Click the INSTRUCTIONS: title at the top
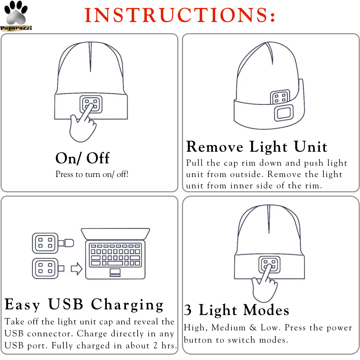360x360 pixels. pyautogui.click(x=180, y=15)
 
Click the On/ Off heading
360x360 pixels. pyautogui.click(x=82, y=158)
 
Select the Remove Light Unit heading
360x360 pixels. pyautogui.click(x=257, y=147)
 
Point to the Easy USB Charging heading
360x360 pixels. pyautogui.click(x=84, y=304)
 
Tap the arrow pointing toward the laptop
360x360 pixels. pyautogui.click(x=77, y=269)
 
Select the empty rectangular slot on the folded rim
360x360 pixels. pyautogui.click(x=284, y=112)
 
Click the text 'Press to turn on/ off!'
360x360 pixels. pyautogui.click(x=92, y=174)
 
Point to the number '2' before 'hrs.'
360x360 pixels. pyautogui.click(x=155, y=346)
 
